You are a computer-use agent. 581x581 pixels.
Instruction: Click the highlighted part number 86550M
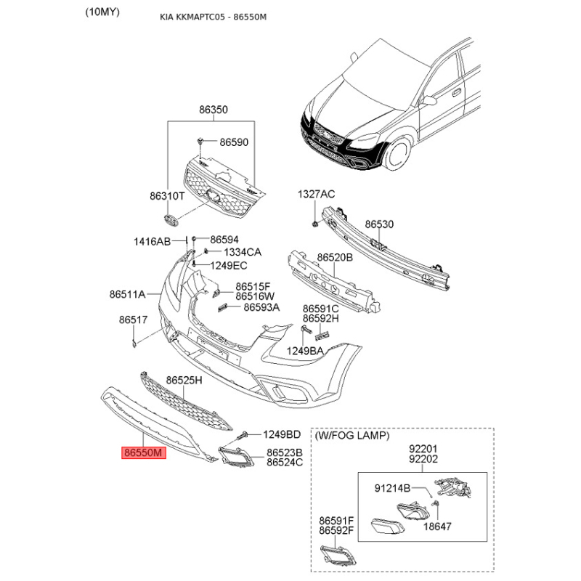point(144,452)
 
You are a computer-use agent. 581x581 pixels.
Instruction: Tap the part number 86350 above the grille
point(214,110)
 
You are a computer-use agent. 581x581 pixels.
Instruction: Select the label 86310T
point(167,195)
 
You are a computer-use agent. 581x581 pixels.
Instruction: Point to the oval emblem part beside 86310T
point(171,220)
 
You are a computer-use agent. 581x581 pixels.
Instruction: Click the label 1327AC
point(316,194)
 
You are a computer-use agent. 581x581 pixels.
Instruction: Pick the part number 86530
point(379,224)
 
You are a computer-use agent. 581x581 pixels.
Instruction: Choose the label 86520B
point(335,257)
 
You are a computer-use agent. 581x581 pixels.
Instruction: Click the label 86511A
point(127,294)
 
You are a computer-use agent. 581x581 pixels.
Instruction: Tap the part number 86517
point(133,320)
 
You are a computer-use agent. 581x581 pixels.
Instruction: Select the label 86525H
point(184,380)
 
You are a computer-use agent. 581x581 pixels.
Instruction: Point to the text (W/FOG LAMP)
point(352,436)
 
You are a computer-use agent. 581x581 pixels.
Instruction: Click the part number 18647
point(437,526)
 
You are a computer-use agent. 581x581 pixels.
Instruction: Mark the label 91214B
point(392,488)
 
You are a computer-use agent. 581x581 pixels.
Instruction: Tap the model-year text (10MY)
point(102,12)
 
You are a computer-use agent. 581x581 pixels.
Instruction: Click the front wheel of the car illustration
point(398,153)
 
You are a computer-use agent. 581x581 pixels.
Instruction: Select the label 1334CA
point(243,252)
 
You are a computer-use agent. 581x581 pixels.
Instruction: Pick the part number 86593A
point(261,307)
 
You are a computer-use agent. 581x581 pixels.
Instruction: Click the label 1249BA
point(305,351)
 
